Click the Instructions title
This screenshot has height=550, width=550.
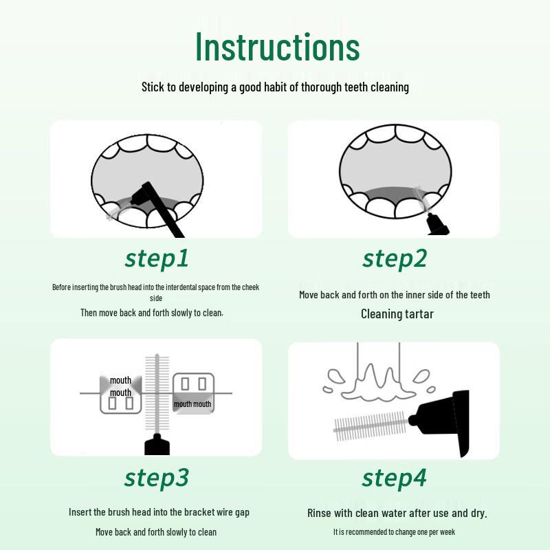click(x=278, y=47)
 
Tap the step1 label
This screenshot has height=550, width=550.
click(x=157, y=259)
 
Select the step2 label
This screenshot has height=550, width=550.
click(x=394, y=259)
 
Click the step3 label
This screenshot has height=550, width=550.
click(x=157, y=477)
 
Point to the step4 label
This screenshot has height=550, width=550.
click(x=394, y=477)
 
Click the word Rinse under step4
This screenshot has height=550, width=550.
click(x=319, y=513)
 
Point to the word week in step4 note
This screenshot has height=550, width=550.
click(x=448, y=532)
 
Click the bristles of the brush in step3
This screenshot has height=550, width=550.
click(x=157, y=393)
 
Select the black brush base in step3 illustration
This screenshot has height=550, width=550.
click(x=157, y=445)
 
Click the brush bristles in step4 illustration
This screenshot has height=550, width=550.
click(x=370, y=426)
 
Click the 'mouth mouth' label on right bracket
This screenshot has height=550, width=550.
click(x=192, y=404)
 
